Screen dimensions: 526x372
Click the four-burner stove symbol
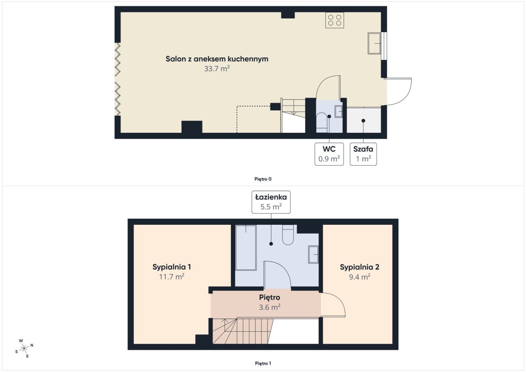pos(334,20)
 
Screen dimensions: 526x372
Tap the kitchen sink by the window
pos(374,43)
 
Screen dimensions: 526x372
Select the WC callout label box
pos(329,154)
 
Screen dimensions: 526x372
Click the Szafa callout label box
pos(363,154)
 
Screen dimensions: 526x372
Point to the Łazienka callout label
pos(271,202)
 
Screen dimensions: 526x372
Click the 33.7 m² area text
pos(217,69)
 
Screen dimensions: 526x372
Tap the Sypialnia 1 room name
pos(172,267)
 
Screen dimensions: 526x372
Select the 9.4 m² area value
pos(359,277)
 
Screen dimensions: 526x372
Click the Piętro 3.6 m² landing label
pos(270,302)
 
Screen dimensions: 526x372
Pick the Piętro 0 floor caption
pos(263,179)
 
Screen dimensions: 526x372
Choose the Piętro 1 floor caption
pos(263,363)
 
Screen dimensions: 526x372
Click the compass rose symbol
pos(24,348)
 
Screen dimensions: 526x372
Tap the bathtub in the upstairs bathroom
pos(245,248)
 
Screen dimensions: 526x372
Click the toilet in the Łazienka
pos(288,235)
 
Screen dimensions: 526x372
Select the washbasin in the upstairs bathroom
pos(313,255)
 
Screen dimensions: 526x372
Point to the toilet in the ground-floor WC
pos(321,123)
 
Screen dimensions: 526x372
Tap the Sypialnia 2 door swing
pos(338,301)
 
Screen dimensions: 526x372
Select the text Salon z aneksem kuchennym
pos(217,59)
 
